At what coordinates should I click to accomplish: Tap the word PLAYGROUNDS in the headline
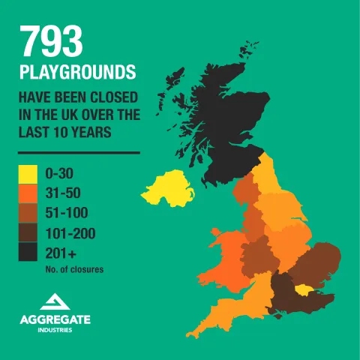[78, 73]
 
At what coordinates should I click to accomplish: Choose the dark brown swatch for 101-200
[28, 233]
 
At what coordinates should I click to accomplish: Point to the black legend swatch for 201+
[28, 253]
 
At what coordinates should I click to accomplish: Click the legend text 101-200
[70, 233]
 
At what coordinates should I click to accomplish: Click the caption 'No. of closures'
[74, 268]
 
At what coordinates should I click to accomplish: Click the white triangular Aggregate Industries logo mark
[55, 302]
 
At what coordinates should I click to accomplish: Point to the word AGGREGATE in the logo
[55, 319]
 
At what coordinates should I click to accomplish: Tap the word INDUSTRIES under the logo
[55, 331]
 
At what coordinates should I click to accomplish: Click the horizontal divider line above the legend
[79, 152]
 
